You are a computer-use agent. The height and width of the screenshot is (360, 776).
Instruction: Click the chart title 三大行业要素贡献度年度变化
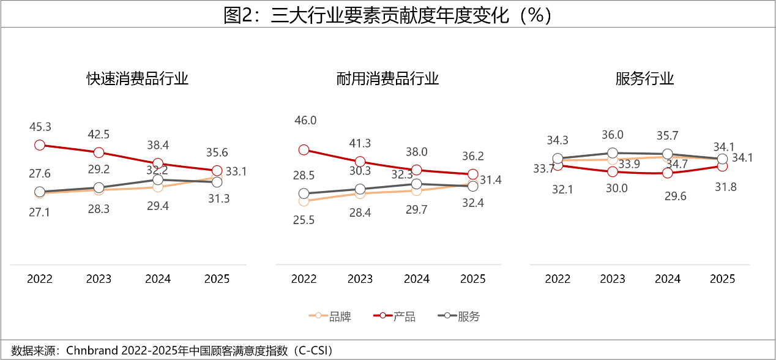[388, 15]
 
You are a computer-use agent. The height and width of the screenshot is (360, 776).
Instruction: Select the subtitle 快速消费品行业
[137, 79]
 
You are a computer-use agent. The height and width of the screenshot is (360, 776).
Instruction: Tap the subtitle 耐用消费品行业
[388, 79]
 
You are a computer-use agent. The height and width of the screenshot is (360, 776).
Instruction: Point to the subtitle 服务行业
[644, 79]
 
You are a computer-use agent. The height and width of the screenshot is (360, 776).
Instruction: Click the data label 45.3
[40, 127]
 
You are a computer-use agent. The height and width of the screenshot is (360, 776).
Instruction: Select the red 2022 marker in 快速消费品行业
[40, 145]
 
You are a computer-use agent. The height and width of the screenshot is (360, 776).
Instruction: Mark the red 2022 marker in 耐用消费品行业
[304, 149]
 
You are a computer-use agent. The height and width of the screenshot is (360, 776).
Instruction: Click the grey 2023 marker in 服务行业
[613, 153]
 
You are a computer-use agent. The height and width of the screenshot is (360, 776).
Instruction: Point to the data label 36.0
[613, 135]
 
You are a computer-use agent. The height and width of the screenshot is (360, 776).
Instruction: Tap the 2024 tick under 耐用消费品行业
[417, 279]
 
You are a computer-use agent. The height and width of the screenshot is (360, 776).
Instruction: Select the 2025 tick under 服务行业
[722, 279]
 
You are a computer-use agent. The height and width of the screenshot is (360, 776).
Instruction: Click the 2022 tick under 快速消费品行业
[40, 279]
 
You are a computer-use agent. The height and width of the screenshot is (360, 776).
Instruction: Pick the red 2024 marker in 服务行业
[668, 173]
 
